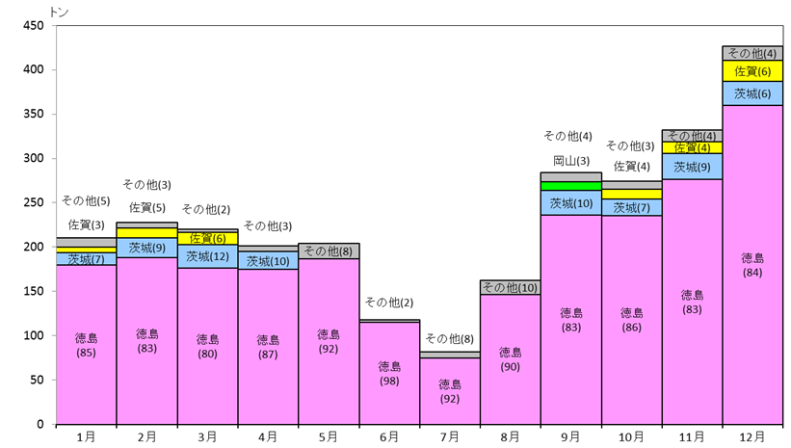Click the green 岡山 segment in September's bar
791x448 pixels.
pos(571,186)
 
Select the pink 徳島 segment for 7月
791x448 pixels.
pos(450,391)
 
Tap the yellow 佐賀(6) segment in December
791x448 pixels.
pos(752,71)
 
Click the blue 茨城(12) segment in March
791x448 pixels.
pos(207,257)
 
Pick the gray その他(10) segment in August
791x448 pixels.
pos(510,287)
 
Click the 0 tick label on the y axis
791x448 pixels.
pos(40,424)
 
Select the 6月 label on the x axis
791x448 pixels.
pos(389,436)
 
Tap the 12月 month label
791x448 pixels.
pos(752,436)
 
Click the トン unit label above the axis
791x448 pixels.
pos(59,12)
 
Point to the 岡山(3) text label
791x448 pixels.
pos(571,161)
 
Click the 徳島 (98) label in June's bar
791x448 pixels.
pos(389,374)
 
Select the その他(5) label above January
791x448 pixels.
pos(86,200)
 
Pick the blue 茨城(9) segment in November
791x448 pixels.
pos(692,167)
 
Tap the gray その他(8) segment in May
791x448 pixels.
pos(329,251)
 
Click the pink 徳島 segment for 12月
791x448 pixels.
pos(752,265)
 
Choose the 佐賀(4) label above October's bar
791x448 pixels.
pos(632,166)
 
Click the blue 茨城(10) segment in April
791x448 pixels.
pos(268,261)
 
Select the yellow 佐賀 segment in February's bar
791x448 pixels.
pos(146,233)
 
